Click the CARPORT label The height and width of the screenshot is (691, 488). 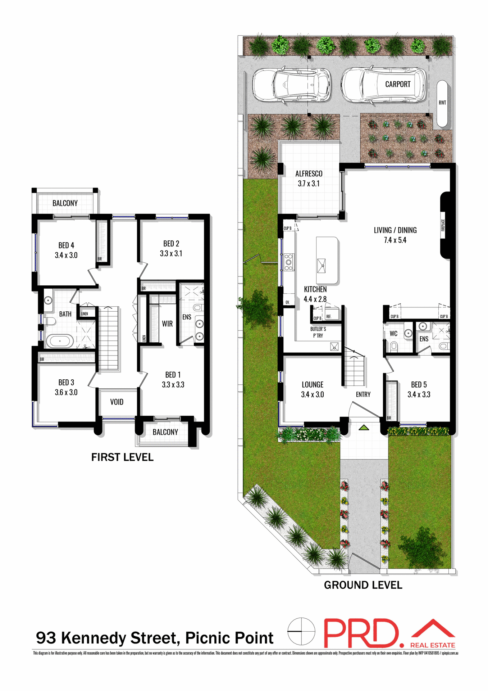click(397, 84)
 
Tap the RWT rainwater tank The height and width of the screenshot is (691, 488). click(442, 103)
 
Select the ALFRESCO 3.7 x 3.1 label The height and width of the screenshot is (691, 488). click(309, 179)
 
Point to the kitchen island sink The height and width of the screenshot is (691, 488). click(321, 266)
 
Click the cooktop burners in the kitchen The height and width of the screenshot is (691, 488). click(288, 262)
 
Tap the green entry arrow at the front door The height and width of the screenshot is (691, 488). click(364, 427)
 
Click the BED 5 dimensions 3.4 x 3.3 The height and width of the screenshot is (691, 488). click(419, 394)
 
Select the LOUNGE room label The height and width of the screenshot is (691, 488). click(312, 385)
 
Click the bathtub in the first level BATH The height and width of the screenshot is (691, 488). click(60, 340)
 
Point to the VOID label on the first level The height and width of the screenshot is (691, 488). click(117, 402)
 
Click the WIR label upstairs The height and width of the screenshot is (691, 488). click(167, 324)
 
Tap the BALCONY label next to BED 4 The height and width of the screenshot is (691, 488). click(65, 203)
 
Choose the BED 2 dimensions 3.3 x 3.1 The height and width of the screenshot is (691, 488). click(171, 254)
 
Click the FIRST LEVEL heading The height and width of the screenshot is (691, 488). click(122, 457)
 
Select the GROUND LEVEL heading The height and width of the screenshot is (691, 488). click(363, 585)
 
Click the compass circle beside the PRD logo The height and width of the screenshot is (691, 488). click(301, 632)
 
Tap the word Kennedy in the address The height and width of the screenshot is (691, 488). click(93, 638)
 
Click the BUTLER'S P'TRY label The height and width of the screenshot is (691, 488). click(318, 332)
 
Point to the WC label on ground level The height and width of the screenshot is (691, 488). click(393, 334)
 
